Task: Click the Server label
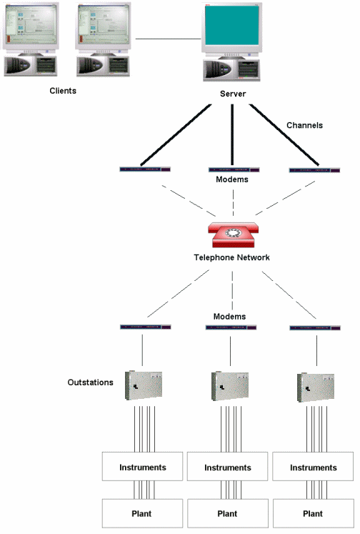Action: [x=234, y=94]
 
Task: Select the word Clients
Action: [x=63, y=91]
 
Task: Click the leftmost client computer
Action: [x=29, y=39]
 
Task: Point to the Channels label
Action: [x=305, y=125]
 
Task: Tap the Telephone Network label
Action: [x=231, y=257]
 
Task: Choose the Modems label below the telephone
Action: [x=229, y=316]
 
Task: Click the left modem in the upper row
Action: [x=146, y=169]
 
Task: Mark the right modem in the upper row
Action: [x=314, y=170]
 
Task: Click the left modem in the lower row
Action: [x=146, y=327]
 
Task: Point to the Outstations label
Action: [x=90, y=382]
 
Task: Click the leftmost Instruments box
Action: [x=144, y=468]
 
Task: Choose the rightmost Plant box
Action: [x=313, y=513]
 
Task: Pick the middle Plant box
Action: [x=227, y=513]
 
